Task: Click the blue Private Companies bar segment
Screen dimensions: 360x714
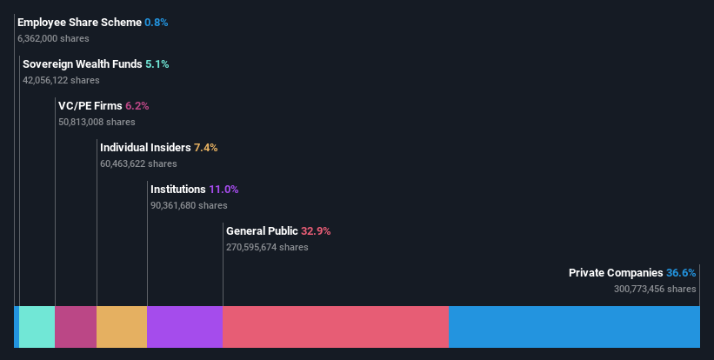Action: (574, 327)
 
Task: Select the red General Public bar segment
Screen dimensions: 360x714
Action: (336, 327)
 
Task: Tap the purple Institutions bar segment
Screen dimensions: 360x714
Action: (184, 327)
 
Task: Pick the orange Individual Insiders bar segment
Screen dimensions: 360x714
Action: (122, 327)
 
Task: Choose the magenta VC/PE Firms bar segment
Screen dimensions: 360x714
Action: (76, 327)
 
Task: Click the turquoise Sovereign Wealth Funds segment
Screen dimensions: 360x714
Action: (37, 327)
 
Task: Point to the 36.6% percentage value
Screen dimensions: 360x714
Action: (681, 273)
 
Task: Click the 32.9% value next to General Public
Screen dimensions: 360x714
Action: (316, 231)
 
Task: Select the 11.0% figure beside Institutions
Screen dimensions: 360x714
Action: (224, 190)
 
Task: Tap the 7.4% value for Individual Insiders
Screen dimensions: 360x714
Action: (206, 148)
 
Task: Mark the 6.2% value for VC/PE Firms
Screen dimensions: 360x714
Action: (137, 106)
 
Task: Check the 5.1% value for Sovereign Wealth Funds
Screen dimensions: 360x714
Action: (157, 64)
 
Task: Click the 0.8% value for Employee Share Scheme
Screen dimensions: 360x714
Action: (157, 23)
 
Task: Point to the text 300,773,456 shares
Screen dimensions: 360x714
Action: (655, 289)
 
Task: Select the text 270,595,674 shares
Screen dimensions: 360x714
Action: (267, 247)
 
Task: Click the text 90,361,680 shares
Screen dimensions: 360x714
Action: (189, 205)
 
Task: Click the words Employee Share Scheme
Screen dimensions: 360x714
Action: (79, 23)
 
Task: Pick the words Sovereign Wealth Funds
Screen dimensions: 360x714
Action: (83, 64)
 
